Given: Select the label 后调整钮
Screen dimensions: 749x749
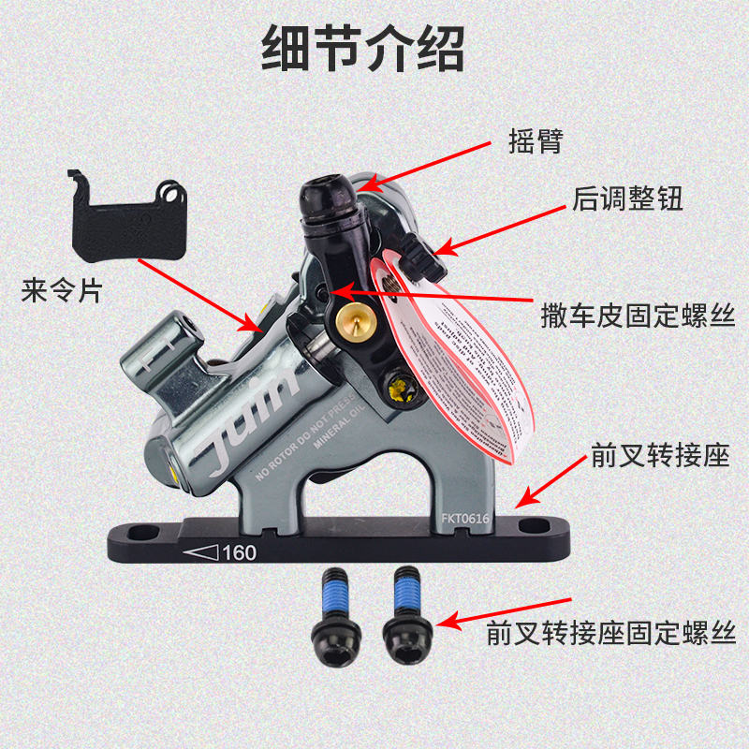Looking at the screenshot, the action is pyautogui.click(x=628, y=198).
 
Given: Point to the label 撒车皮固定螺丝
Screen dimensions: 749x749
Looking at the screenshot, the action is pyautogui.click(x=638, y=316).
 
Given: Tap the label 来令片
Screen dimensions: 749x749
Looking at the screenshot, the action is pyautogui.click(x=61, y=292).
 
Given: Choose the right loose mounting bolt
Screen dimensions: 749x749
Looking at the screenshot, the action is pyautogui.click(x=404, y=617).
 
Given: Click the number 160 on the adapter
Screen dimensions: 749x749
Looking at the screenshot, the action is pyautogui.click(x=239, y=552).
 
